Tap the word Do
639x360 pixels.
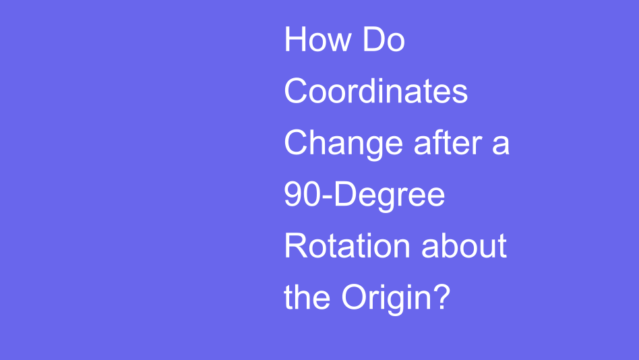click(384, 40)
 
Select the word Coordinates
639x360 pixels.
click(375, 91)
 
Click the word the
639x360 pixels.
click(307, 297)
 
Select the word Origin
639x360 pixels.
click(383, 298)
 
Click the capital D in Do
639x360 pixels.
click(373, 40)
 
